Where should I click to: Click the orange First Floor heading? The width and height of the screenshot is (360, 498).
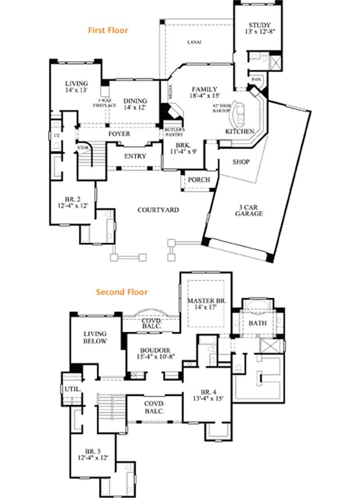point(108,31)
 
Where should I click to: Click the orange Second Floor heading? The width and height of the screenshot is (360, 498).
point(121,292)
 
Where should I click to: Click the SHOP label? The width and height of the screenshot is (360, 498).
point(241,162)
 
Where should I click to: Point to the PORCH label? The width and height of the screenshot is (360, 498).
point(198,180)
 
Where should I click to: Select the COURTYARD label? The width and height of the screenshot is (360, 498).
point(158,210)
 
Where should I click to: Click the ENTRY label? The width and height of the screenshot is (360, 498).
point(135,156)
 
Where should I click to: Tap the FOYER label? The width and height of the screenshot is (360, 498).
point(119,134)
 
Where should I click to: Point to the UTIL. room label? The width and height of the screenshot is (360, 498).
point(72,388)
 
